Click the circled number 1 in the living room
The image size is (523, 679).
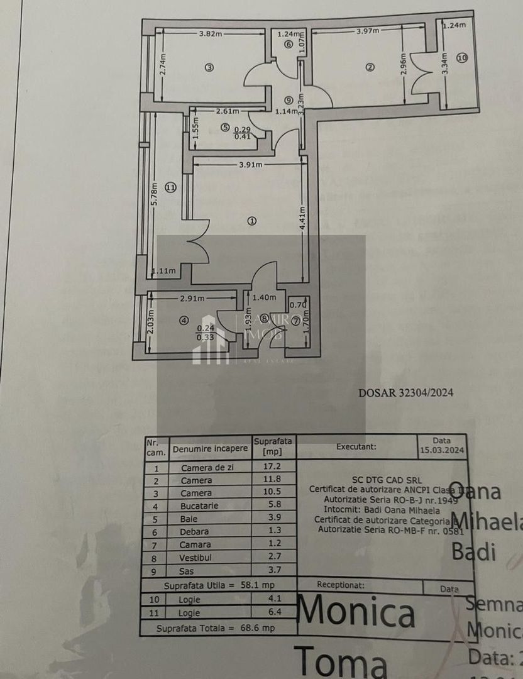[252, 221]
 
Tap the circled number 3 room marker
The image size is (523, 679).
[209, 68]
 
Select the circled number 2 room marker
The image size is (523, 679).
[370, 67]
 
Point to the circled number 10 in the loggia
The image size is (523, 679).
[462, 58]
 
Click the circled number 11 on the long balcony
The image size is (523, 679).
[169, 187]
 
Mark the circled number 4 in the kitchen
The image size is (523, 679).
[184, 320]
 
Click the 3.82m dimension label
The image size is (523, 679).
[210, 34]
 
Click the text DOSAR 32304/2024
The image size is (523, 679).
[405, 393]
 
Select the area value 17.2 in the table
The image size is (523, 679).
[273, 467]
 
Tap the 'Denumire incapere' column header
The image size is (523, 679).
[210, 449]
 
